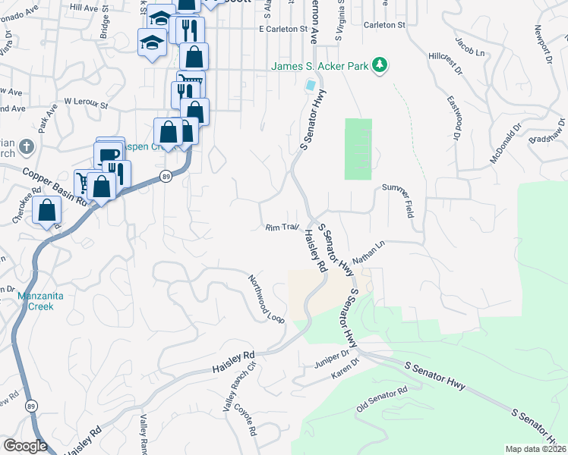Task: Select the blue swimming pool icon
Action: [x=310, y=86]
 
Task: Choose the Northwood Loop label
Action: [x=267, y=299]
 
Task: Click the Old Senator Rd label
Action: [x=383, y=400]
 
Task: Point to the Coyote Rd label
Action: [x=248, y=419]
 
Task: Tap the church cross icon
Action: [x=26, y=146]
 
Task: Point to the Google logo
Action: [x=25, y=446]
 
